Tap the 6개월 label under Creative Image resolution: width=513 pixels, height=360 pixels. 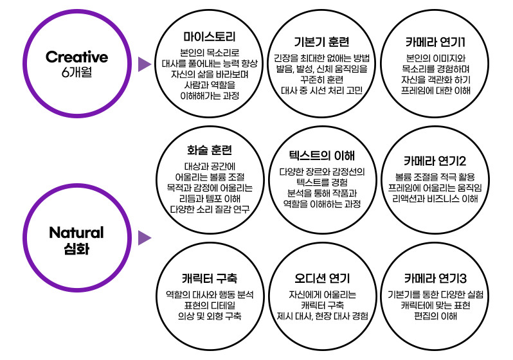tap(76, 72)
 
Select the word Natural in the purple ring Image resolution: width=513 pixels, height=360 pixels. tap(76, 232)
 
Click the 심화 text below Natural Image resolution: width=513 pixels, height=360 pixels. tap(76, 248)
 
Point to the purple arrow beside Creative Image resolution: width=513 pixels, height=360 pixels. tap(145, 63)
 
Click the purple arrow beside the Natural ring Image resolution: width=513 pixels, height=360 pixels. tap(145, 238)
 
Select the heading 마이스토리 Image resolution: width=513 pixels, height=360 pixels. tap(210, 37)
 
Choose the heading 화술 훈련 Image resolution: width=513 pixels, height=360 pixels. tap(210, 152)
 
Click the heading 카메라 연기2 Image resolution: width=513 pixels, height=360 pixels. tap(435, 160)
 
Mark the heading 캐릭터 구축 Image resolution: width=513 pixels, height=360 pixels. tap(210, 278)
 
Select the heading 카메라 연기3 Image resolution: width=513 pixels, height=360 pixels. tap(435, 278)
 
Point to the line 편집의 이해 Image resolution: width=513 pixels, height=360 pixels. tap(435, 316)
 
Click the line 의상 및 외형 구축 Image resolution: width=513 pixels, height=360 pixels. tap(210, 316)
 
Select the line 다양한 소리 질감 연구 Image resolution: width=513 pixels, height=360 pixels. tap(210, 208)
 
